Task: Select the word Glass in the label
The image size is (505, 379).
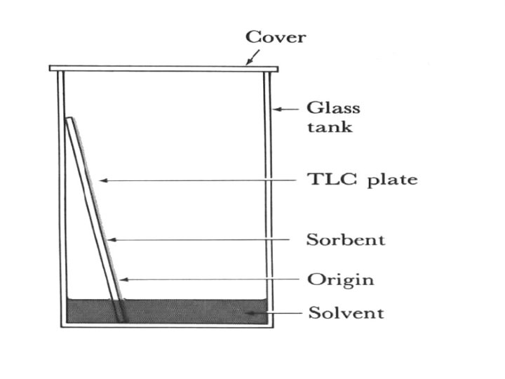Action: point(333,108)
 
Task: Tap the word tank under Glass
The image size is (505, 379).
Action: point(330,128)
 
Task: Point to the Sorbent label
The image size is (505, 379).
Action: point(346,239)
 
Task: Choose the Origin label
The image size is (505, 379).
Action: point(340,279)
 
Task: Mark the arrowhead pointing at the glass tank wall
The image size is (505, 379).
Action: point(276,109)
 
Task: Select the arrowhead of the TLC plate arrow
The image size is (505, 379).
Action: point(102,180)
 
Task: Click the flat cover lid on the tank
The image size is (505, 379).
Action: point(163,68)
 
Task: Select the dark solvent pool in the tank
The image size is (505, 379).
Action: point(189,311)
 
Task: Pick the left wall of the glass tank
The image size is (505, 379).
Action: point(61,197)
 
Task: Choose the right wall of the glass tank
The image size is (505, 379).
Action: point(267,197)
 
